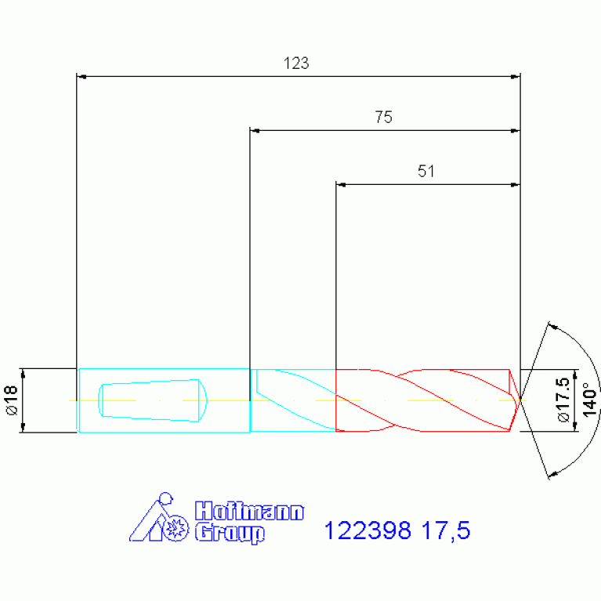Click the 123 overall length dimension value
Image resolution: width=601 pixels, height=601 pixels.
296,63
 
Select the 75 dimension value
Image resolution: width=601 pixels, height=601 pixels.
384,118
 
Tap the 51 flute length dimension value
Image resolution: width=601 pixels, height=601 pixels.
426,172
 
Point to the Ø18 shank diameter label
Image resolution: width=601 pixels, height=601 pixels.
12,400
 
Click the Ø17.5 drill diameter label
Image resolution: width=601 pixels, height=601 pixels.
564,400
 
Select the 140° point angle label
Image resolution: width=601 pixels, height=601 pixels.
589,400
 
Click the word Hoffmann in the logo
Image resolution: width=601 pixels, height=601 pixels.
249,511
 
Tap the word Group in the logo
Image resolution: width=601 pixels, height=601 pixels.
230,533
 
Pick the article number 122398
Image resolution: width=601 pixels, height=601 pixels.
367,530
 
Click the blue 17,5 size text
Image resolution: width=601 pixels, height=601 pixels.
446,530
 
